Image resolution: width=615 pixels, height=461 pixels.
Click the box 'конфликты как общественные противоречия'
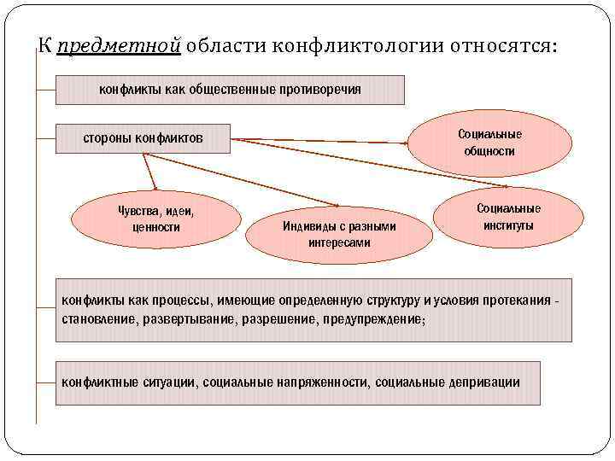[x=230, y=90]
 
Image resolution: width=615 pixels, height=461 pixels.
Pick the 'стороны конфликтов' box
[x=143, y=138]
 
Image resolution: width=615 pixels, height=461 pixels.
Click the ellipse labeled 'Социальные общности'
[x=489, y=143]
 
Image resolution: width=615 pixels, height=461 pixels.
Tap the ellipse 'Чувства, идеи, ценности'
[x=155, y=219]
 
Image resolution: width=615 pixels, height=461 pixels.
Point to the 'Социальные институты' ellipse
[x=508, y=217]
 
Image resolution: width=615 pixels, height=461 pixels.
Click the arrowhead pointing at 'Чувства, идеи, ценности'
[x=155, y=187]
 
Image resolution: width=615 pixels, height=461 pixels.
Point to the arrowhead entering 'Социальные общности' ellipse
[x=407, y=138]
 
